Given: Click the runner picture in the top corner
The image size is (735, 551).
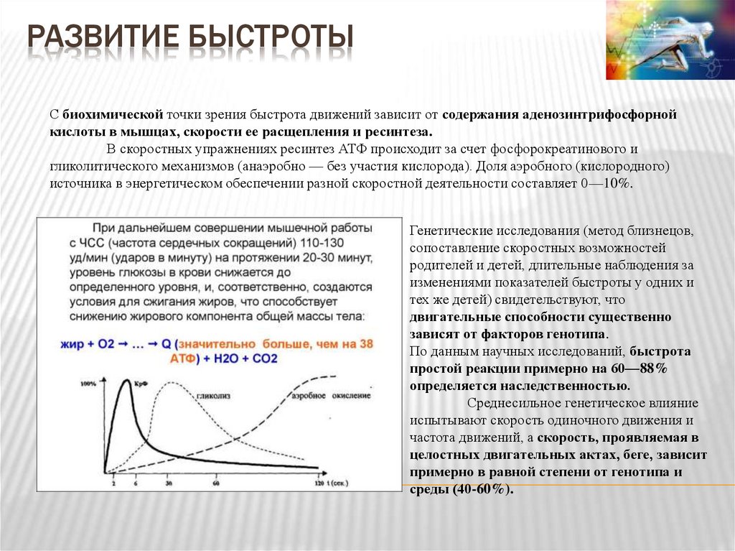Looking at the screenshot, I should point(670,40).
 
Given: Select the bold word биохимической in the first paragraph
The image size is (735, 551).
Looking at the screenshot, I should point(113,115).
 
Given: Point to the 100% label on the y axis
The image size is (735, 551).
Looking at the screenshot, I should point(88,384).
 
